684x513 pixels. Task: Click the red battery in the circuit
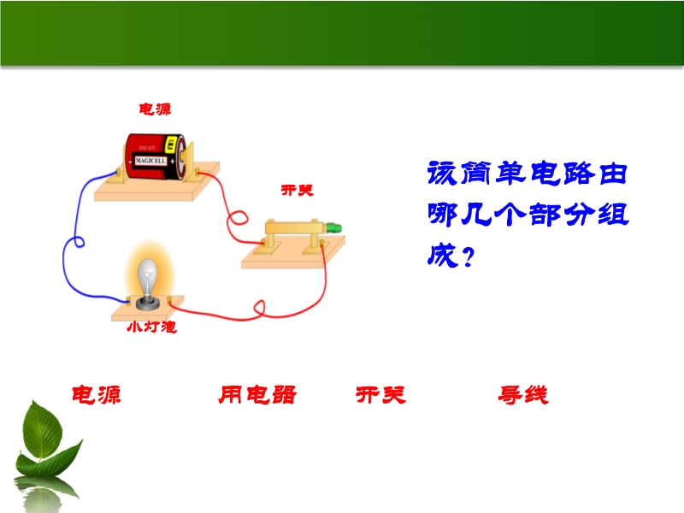[156, 157]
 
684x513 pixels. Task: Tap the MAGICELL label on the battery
[150, 161]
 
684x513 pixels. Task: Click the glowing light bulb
[147, 274]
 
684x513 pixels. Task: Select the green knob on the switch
[334, 227]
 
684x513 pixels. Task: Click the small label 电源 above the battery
[155, 109]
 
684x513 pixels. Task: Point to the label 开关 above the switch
[297, 190]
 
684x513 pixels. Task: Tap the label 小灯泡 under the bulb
[151, 327]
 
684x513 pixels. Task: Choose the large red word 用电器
[257, 395]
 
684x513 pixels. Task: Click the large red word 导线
[523, 395]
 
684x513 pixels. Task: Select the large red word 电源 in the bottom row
[97, 395]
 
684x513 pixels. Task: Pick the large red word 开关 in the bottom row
[380, 395]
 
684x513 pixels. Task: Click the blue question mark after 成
[468, 257]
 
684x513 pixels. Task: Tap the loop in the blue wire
[79, 242]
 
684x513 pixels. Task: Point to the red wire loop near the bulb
[259, 308]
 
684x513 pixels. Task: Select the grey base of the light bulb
[147, 303]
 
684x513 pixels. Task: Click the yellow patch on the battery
[172, 144]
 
